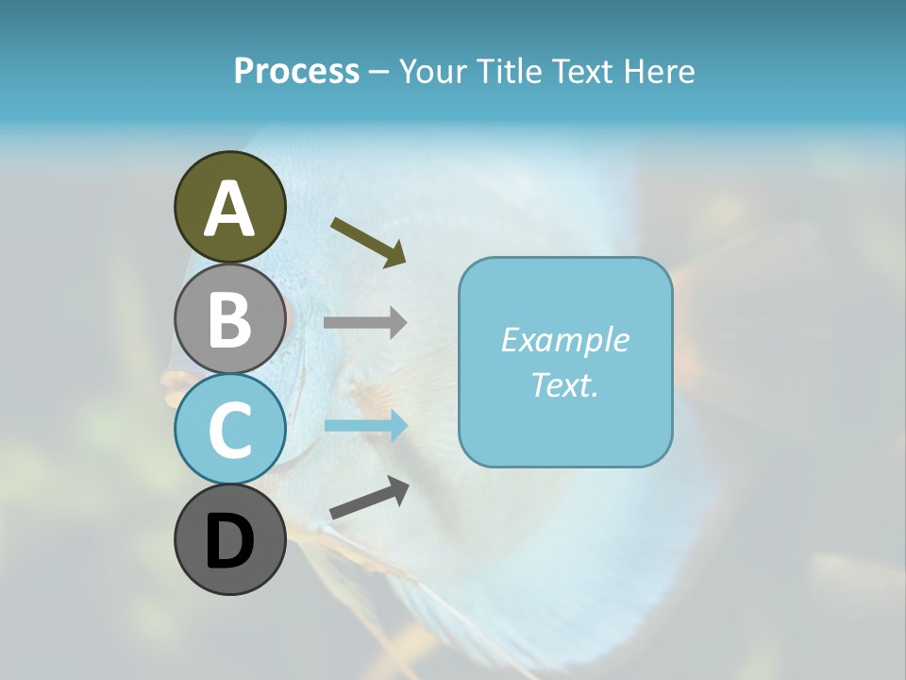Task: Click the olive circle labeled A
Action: pos(229,207)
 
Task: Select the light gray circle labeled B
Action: pos(229,318)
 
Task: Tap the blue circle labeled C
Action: pos(229,429)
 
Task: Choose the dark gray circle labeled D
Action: pos(229,540)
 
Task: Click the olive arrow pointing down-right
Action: pos(369,240)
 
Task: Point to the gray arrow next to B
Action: pos(365,323)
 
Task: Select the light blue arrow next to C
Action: pos(365,426)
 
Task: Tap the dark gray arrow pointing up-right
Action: pos(369,498)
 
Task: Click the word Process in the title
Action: pos(296,71)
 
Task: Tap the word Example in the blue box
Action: pos(564,339)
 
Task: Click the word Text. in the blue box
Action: pos(564,384)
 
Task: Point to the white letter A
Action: pos(229,209)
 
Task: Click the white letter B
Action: pos(229,319)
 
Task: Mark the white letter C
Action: pos(229,430)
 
